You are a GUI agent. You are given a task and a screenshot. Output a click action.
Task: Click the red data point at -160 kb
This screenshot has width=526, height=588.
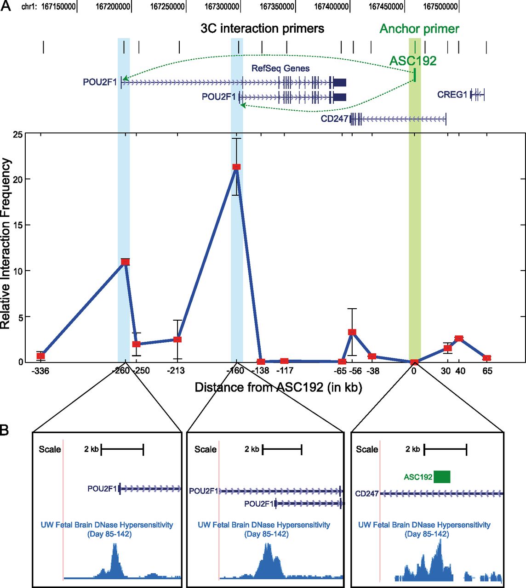tap(236, 167)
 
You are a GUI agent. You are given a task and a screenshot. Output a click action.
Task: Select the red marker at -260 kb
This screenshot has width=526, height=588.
tap(125, 262)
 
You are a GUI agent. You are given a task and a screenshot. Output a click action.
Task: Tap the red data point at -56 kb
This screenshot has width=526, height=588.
tap(352, 332)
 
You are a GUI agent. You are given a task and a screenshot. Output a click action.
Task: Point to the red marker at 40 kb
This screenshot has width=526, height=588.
tap(459, 338)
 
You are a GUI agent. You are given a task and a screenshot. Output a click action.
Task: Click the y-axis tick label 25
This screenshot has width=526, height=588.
tap(17, 134)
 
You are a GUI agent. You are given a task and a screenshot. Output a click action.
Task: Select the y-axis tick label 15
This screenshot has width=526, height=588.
tap(17, 226)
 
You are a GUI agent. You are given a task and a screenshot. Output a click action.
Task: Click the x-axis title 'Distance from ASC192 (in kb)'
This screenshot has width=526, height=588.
tap(278, 387)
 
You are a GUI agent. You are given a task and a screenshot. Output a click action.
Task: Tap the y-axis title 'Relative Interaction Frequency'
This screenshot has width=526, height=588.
tap(6, 243)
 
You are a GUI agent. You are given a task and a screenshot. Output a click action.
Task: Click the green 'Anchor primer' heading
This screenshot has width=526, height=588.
tap(419, 29)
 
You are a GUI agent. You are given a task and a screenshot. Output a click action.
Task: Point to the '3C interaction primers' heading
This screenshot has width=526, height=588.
tap(262, 28)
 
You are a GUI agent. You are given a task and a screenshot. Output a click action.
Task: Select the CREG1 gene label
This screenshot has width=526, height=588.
tap(452, 95)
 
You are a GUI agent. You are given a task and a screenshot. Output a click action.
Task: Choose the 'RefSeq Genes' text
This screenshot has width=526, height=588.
tap(280, 68)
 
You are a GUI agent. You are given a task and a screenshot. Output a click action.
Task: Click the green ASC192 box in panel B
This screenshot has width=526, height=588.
tap(442, 477)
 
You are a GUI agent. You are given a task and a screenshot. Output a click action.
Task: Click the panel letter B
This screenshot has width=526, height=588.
tap(5, 430)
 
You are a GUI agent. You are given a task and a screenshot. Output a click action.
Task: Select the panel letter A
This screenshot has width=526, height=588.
tap(6, 7)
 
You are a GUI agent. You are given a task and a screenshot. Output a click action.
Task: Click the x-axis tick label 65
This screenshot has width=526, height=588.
tap(487, 371)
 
